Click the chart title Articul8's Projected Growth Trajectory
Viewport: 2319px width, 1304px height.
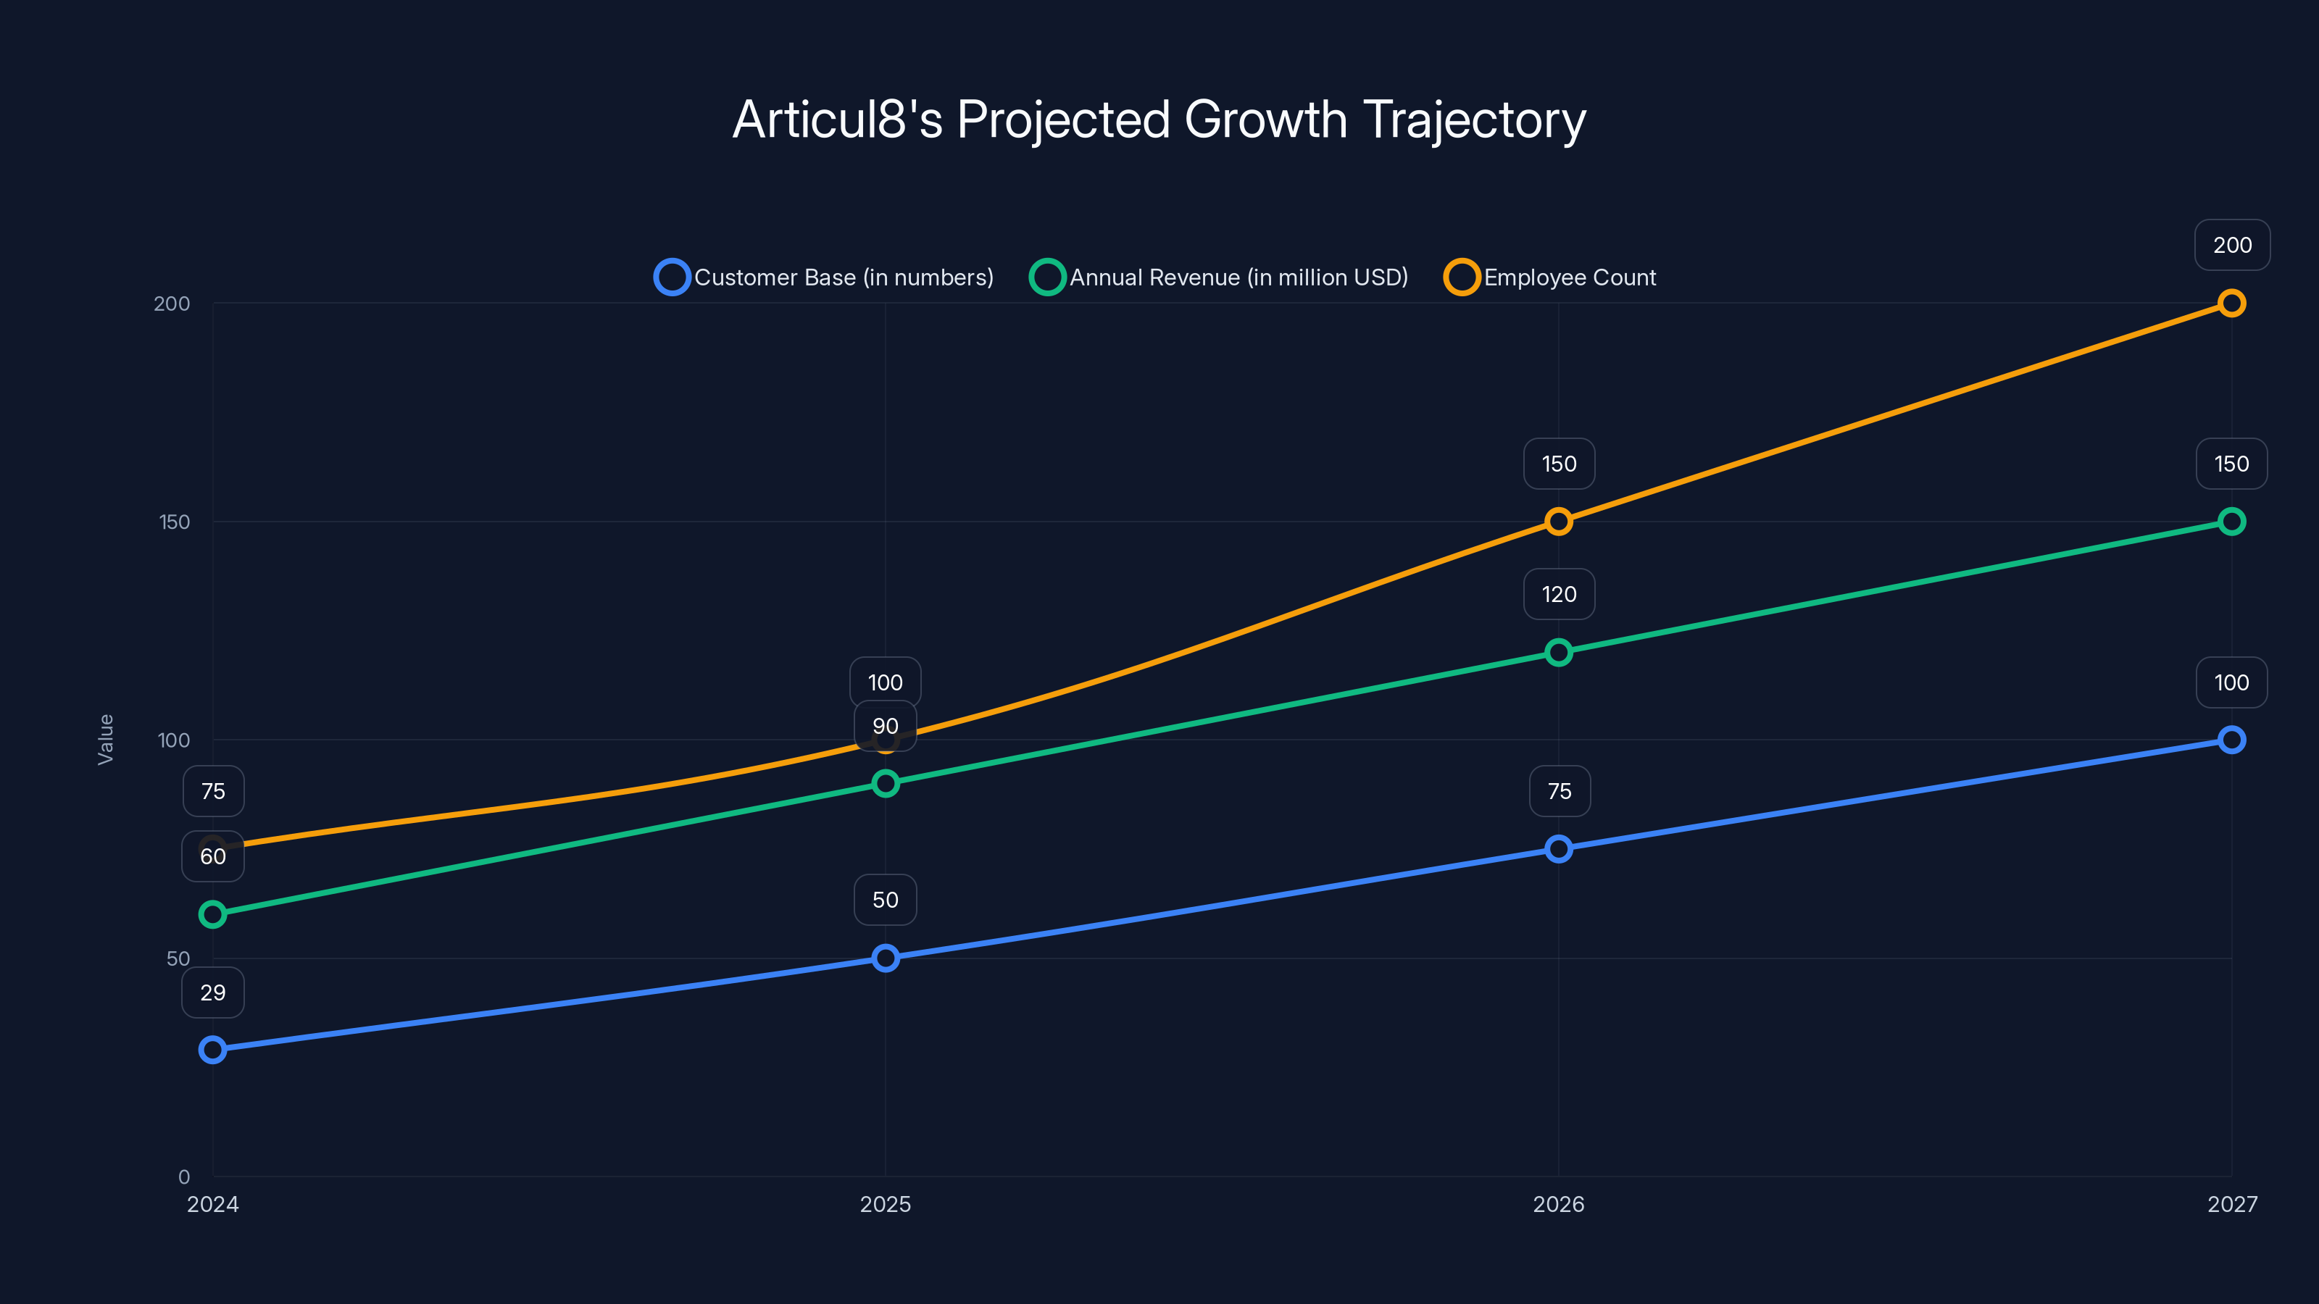click(1159, 120)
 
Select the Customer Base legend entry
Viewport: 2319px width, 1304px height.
click(825, 277)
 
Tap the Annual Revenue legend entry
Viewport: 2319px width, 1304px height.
click(1219, 277)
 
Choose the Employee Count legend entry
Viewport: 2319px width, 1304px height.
click(1550, 277)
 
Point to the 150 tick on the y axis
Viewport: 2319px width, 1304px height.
click(174, 522)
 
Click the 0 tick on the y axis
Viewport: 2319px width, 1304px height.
click(183, 1177)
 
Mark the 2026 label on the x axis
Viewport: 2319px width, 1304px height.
click(1558, 1204)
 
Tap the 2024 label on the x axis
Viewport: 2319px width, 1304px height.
click(212, 1204)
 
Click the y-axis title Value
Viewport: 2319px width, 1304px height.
click(105, 740)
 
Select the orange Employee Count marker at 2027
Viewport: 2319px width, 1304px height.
click(2231, 304)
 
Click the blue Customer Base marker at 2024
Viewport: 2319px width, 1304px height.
click(212, 1049)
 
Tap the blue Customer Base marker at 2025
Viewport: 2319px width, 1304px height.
click(885, 958)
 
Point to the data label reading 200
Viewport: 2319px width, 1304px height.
click(2232, 245)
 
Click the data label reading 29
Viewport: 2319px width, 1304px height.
click(212, 992)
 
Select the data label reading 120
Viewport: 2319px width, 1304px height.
click(1558, 594)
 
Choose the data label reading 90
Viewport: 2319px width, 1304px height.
click(885, 726)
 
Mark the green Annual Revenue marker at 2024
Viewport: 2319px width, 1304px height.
click(212, 914)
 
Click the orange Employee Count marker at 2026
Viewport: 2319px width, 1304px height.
click(1558, 522)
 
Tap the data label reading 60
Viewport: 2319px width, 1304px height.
click(212, 856)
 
